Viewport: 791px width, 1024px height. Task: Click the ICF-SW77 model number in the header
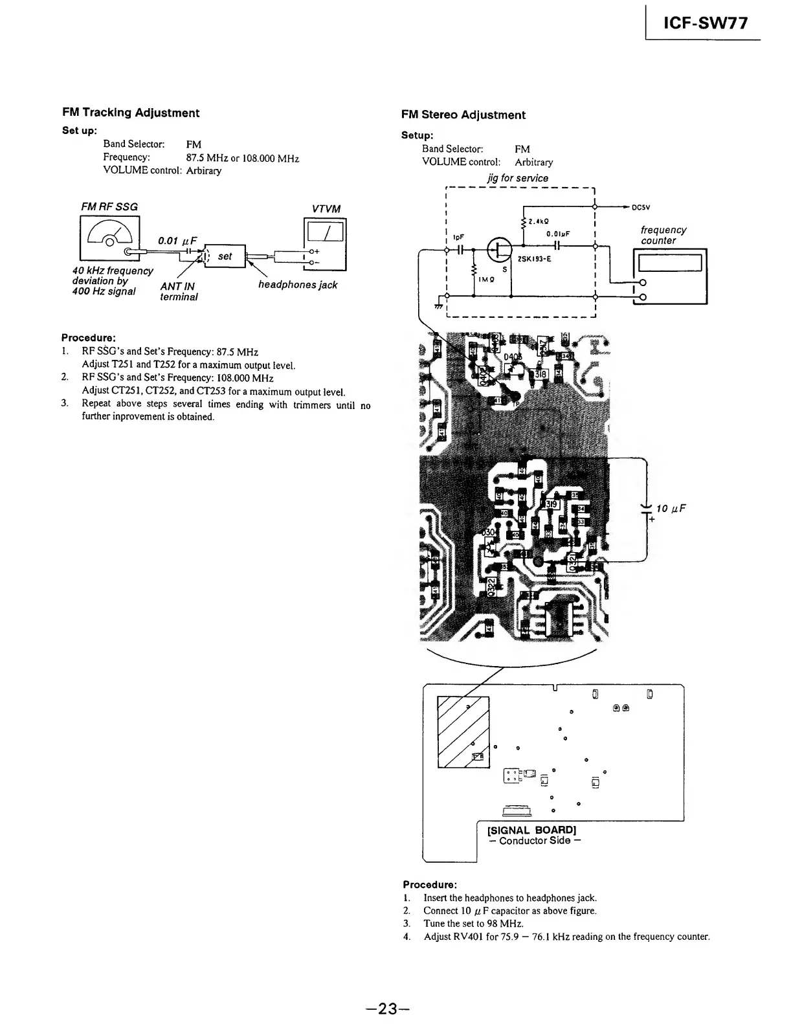[706, 23]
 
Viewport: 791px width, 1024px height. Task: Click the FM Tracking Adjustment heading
[131, 113]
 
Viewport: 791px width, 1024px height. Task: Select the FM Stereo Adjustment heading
[463, 115]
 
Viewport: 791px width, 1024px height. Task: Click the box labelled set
[225, 256]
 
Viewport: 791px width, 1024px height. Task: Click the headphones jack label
[298, 285]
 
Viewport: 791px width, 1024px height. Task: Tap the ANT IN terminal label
[178, 291]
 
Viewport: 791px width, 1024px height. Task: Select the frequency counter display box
[670, 263]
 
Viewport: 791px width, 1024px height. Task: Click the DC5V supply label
[641, 208]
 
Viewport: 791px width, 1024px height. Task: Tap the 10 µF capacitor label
[671, 509]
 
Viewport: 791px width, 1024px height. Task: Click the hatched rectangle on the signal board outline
[463, 731]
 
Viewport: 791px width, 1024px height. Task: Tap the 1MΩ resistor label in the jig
[486, 280]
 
